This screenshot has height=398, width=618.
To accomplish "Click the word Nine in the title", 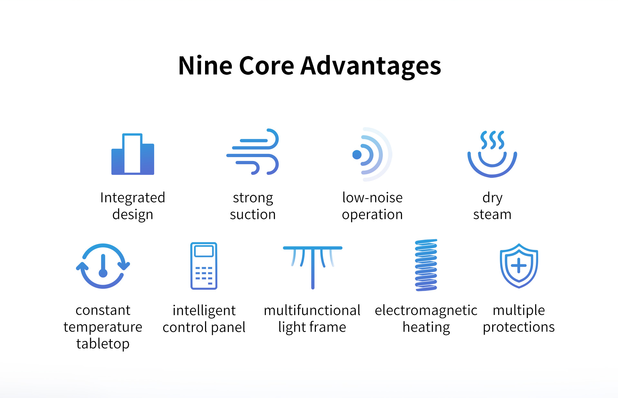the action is point(205,66).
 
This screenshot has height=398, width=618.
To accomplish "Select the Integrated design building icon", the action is point(133,154).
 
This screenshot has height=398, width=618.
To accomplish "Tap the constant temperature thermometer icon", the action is point(103,266).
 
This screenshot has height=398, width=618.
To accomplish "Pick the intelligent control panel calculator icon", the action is point(204,266).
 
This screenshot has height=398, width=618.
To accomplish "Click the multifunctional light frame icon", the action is point(313,267).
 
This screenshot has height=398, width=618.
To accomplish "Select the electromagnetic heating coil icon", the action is point(426,265).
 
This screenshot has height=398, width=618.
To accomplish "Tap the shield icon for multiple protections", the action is point(519,266).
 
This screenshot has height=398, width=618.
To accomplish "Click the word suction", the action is point(253,214).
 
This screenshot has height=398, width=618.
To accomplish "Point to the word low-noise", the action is point(372,197).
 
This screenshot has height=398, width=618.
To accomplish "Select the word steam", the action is point(492,214).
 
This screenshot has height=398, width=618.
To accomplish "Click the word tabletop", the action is point(103,344).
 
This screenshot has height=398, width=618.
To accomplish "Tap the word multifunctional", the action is point(312,310).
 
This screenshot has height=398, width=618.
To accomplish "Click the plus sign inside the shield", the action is point(519,266).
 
